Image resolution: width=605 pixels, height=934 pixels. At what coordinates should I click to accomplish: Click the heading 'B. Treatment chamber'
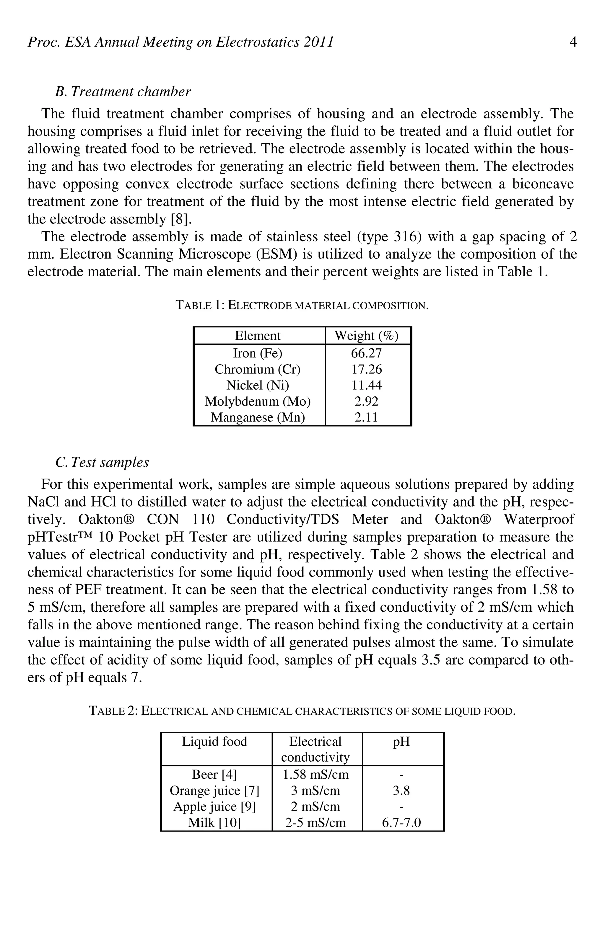click(x=123, y=92)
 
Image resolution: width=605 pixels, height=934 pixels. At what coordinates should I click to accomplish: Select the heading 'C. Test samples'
click(x=102, y=462)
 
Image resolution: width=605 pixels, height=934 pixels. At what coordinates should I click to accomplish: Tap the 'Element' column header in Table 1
click(x=258, y=336)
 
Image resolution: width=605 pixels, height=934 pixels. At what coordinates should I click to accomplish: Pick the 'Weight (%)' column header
click(x=366, y=336)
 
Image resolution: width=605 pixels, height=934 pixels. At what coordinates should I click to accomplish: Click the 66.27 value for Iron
click(x=366, y=353)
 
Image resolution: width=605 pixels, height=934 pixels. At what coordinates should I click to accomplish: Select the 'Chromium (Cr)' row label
click(x=258, y=369)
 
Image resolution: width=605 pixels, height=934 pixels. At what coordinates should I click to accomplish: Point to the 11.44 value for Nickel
click(x=366, y=385)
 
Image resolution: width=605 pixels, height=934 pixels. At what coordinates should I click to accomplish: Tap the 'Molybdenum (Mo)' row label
click(x=258, y=401)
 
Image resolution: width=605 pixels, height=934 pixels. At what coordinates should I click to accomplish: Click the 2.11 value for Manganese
click(x=366, y=417)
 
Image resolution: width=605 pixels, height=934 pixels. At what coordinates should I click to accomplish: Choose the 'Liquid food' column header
click(x=214, y=741)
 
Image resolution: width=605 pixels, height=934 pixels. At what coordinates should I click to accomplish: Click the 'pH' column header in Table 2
click(x=401, y=741)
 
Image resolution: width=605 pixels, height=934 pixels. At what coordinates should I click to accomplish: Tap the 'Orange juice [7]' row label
click(x=214, y=790)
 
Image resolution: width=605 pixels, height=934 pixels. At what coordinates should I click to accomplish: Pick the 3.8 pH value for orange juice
click(x=401, y=790)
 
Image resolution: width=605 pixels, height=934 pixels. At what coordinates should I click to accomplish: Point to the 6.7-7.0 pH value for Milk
click(x=401, y=822)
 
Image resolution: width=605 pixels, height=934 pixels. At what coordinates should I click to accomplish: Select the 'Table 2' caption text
click(x=302, y=711)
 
